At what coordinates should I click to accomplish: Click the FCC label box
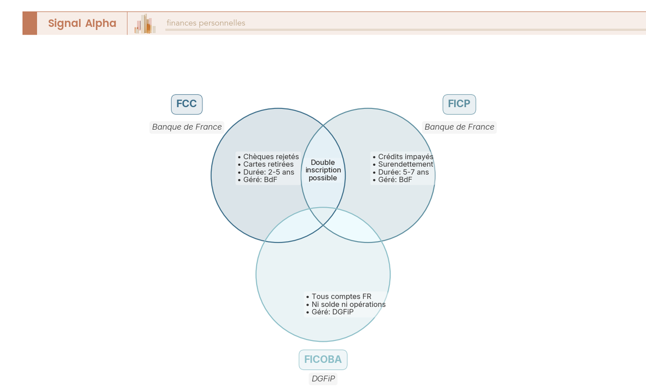[x=187, y=104]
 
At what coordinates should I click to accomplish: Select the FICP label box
[x=459, y=104]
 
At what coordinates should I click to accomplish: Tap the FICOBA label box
[x=323, y=359]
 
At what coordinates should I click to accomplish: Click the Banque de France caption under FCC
[x=187, y=127]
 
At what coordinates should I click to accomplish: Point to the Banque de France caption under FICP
[x=459, y=127]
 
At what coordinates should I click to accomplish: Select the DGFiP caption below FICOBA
[x=323, y=379]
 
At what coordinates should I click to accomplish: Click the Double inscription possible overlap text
[x=323, y=170]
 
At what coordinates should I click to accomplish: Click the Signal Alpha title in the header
[x=82, y=23]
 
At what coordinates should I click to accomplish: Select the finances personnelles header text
[x=206, y=23]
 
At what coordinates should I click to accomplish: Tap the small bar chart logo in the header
[x=145, y=24]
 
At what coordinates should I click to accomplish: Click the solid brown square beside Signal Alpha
[x=30, y=23]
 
